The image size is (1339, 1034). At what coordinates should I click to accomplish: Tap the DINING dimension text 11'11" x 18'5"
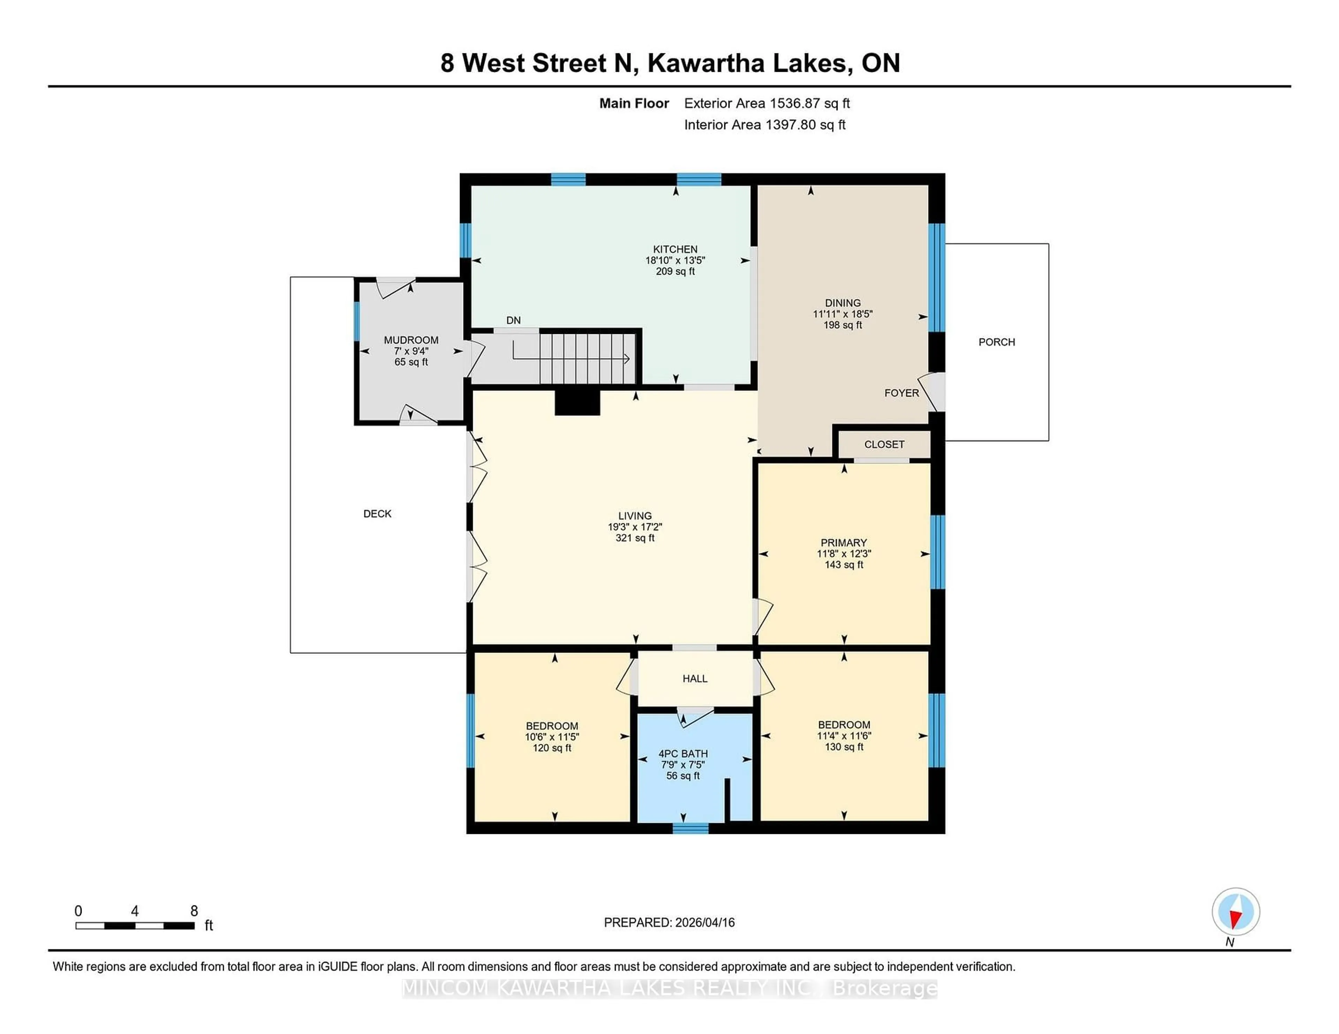842,314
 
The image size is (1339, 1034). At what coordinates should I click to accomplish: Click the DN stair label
513,320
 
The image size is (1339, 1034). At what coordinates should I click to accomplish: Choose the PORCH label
996,342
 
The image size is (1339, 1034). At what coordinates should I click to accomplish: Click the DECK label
377,514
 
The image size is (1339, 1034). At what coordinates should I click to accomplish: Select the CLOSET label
884,444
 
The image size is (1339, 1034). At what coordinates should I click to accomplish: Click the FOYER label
901,393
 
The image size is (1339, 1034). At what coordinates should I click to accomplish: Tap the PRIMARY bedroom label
844,542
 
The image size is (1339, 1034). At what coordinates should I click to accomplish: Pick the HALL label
695,678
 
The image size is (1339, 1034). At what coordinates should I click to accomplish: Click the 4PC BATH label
683,753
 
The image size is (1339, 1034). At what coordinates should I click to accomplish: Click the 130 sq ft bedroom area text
844,746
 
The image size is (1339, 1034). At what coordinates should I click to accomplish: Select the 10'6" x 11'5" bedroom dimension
552,737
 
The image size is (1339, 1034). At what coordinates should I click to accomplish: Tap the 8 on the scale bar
194,911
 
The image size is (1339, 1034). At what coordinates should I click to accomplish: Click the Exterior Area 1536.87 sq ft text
766,103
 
